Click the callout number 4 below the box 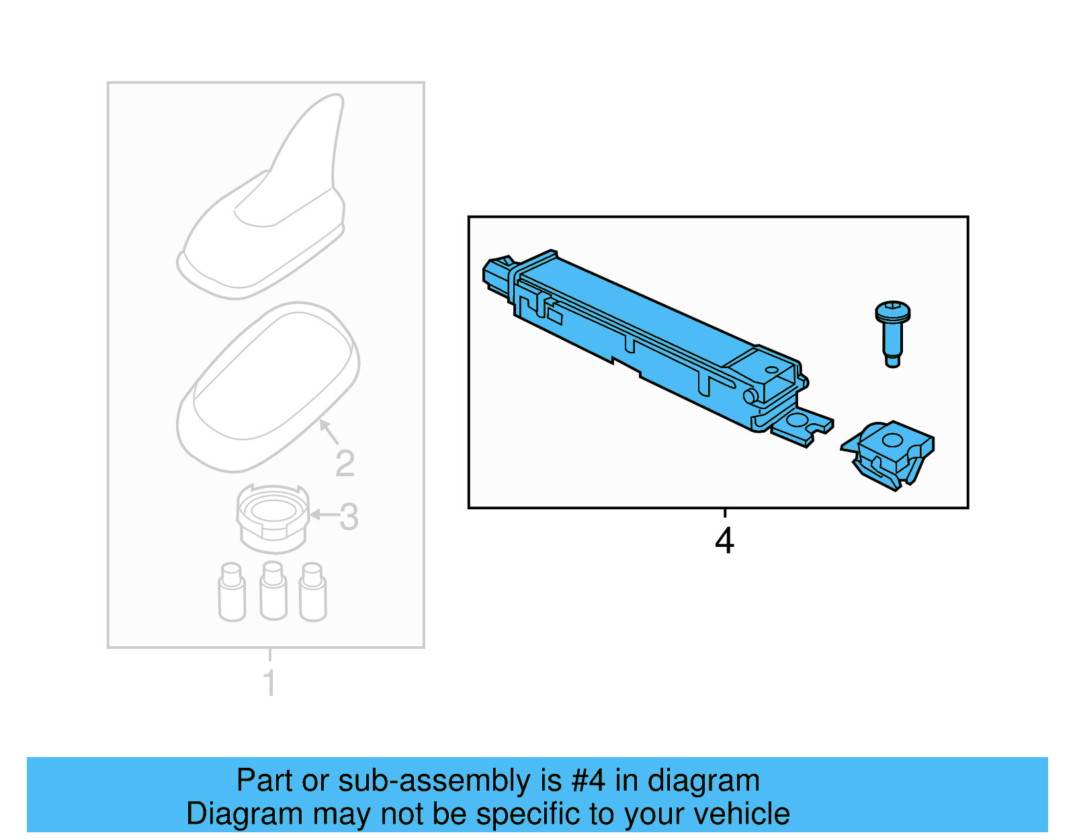(724, 541)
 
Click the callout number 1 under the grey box (269, 683)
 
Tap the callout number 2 (345, 463)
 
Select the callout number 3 (349, 517)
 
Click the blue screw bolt (892, 333)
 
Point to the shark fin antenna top (269, 202)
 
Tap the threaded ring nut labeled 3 (272, 517)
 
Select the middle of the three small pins (273, 591)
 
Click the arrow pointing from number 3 (323, 515)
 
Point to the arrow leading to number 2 (328, 431)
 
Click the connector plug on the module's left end (497, 275)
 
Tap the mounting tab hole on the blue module (798, 421)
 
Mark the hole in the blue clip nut (892, 441)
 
